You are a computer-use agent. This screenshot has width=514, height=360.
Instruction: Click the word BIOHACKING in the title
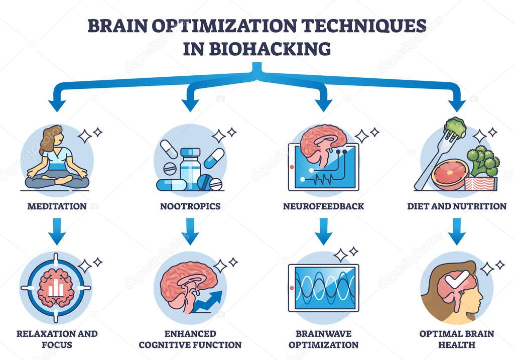pos(271,49)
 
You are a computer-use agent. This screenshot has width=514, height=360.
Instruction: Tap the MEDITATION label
pos(56,206)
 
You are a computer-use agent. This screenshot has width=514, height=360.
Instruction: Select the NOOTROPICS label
pos(190,206)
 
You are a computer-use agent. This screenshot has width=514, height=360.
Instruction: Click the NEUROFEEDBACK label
pos(323,206)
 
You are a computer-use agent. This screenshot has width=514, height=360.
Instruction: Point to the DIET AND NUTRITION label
pos(457,206)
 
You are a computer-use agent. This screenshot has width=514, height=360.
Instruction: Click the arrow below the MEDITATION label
pos(56,231)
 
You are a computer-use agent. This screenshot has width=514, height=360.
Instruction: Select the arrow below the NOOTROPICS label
pos(190,231)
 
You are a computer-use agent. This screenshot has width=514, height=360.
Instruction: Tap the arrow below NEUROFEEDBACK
pos(323,231)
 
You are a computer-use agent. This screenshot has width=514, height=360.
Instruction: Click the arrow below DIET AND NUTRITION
pos(457,231)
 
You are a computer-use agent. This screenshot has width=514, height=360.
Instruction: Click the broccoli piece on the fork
pos(455,127)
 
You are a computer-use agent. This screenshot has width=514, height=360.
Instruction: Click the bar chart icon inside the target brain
pos(56,287)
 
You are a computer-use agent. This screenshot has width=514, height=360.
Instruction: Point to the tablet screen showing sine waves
pos(324,288)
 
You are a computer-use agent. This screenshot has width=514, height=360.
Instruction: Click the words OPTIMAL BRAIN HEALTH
pos(457,339)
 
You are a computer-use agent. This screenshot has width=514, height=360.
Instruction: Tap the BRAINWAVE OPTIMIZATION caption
pos(323,339)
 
